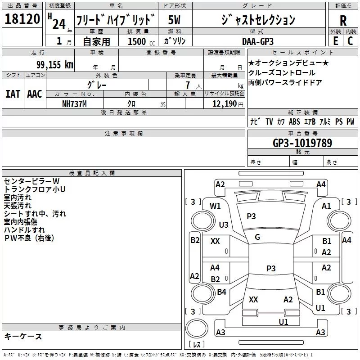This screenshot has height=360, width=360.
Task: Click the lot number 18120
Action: click(x=22, y=20)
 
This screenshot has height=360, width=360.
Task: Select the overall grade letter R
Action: click(x=343, y=20)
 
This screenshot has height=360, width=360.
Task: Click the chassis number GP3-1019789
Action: click(x=302, y=143)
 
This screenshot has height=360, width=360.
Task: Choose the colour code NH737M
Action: click(x=75, y=103)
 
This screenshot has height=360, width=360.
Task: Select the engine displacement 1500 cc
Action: click(x=140, y=41)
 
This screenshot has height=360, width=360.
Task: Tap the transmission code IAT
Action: click(x=13, y=94)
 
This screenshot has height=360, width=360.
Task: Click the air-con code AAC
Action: click(x=35, y=94)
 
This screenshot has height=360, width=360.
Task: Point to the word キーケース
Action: click(x=23, y=336)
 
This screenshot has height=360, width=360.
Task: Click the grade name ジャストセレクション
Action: click(x=258, y=20)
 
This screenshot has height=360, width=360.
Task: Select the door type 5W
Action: click(x=175, y=20)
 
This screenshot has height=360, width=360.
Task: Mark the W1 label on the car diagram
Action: click(x=216, y=206)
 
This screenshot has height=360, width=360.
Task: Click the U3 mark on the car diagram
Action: click(x=223, y=225)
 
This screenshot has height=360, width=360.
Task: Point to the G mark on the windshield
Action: click(x=257, y=237)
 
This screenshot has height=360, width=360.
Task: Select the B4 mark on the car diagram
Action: click(x=221, y=292)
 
